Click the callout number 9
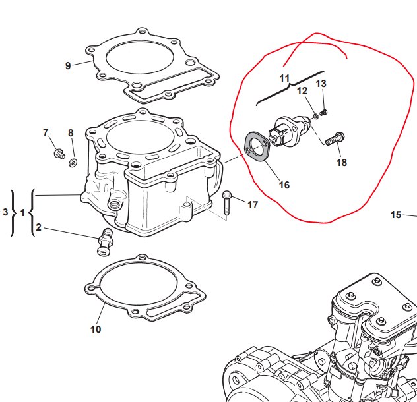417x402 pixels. click(x=68, y=65)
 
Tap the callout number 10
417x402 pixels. click(x=96, y=330)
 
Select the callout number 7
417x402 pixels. click(x=46, y=132)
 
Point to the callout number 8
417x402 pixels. click(x=71, y=133)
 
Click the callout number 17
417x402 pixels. click(x=253, y=205)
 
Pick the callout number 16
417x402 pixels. click(x=284, y=185)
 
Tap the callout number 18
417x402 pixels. click(x=342, y=162)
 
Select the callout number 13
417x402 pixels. click(x=321, y=84)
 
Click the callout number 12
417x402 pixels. click(x=302, y=91)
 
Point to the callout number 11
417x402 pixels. click(x=284, y=78)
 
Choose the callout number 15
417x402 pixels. click(x=396, y=215)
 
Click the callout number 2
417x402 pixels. click(x=38, y=227)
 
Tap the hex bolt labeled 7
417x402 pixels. click(x=59, y=154)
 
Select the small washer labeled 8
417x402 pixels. click(x=73, y=162)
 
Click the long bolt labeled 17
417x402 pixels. click(x=226, y=203)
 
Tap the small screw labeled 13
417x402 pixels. click(x=323, y=113)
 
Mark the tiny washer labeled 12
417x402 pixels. click(x=315, y=116)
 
